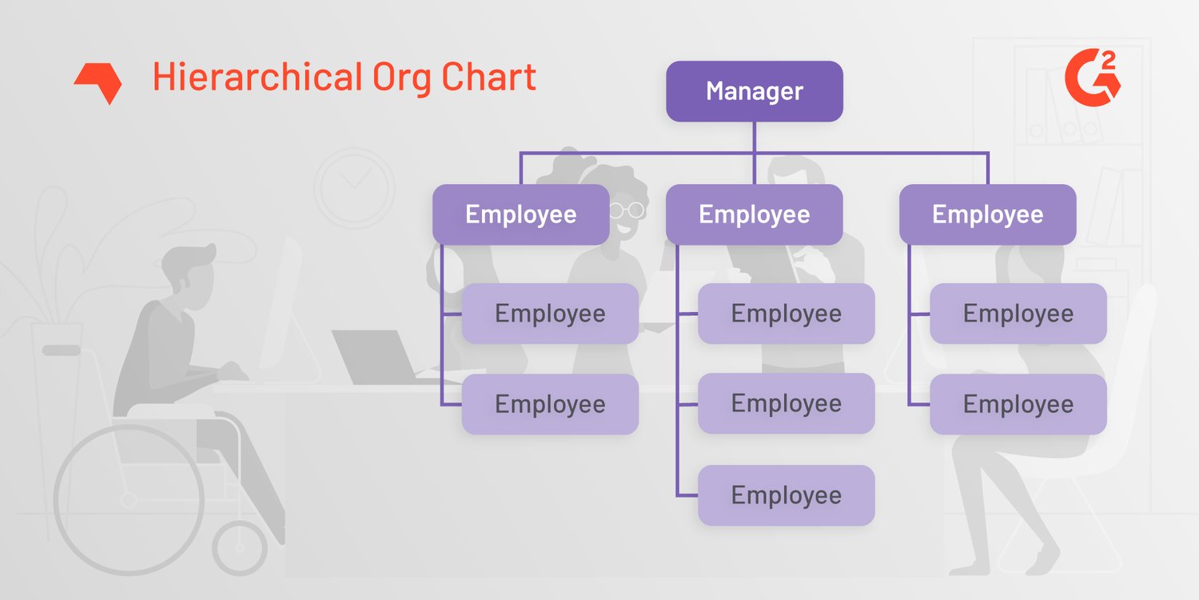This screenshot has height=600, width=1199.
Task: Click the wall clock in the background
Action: pyautogui.click(x=354, y=186)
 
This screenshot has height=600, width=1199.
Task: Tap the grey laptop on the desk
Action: pyautogui.click(x=376, y=357)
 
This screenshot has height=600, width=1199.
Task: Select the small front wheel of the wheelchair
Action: pyautogui.click(x=240, y=548)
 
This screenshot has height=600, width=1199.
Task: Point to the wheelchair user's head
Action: pyautogui.click(x=187, y=273)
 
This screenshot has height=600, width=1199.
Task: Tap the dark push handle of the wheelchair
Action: pyautogui.click(x=61, y=350)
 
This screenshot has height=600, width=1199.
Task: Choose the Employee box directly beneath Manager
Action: pyautogui.click(x=754, y=214)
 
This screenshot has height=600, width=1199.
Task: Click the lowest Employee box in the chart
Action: pyautogui.click(x=786, y=495)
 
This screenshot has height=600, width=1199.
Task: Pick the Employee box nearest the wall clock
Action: pyautogui.click(x=520, y=214)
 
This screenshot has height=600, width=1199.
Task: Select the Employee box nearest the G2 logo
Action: pyautogui.click(x=987, y=214)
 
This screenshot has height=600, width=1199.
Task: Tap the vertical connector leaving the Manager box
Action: pyautogui.click(x=754, y=137)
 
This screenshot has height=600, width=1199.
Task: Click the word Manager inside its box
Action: pyautogui.click(x=754, y=91)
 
